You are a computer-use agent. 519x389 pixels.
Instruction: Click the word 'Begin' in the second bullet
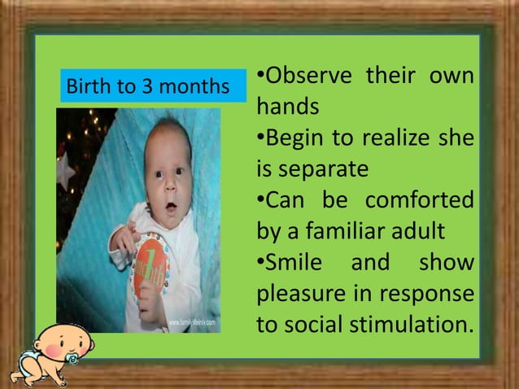click(294, 138)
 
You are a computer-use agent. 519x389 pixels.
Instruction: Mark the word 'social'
click(312, 324)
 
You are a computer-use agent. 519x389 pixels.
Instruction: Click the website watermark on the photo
click(194, 324)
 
